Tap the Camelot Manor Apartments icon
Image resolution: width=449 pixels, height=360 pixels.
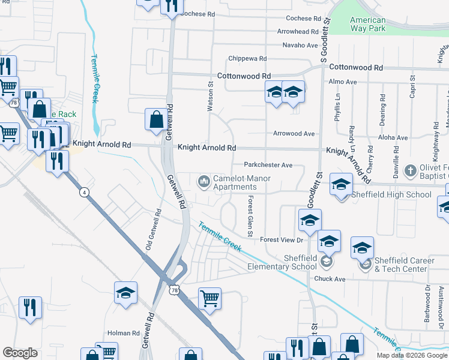pos(204,181)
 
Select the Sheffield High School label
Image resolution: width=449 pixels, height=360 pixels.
pos(393,194)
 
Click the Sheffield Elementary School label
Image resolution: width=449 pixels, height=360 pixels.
pos(283,262)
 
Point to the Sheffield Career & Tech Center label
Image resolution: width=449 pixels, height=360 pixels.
pos(409,265)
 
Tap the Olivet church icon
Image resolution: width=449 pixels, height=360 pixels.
pos(411,170)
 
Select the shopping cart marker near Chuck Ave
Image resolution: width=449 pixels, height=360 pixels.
pos(209,298)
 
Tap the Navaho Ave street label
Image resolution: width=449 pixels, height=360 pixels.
pos(300,45)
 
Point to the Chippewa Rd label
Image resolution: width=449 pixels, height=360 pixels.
pos(247,59)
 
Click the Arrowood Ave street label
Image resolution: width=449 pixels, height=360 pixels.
pos(294,134)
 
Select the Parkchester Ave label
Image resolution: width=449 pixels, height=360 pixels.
pos(268,165)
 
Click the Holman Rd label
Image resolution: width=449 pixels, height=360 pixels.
pos(123,333)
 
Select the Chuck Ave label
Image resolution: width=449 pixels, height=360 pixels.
pos(330,279)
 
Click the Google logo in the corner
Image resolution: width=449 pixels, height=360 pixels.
pos(20,353)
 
